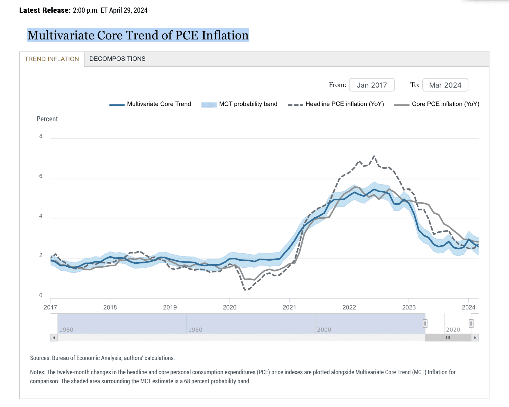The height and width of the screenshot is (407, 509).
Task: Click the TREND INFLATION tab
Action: pos(52,59)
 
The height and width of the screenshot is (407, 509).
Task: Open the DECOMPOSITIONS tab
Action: pos(117,59)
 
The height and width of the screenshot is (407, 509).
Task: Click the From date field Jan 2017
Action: pos(372,85)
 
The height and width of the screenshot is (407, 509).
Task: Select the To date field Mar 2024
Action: pos(445,85)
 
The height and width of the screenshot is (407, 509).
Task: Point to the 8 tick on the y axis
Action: pos(41,136)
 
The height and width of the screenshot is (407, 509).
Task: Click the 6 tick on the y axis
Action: pos(41,176)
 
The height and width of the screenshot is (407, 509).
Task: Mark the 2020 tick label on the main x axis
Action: pos(230,307)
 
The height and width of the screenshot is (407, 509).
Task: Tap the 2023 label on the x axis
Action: pos(409,307)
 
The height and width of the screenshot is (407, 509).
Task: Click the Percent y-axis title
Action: pos(47,119)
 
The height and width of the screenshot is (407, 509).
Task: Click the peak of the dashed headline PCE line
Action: pos(374,156)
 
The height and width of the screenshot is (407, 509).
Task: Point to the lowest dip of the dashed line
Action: pos(245,290)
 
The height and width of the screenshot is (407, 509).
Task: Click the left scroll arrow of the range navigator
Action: pos(54,337)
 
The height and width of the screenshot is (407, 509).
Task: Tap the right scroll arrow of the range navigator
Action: pos(475,337)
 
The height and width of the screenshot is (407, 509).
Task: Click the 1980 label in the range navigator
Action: pos(195,330)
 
